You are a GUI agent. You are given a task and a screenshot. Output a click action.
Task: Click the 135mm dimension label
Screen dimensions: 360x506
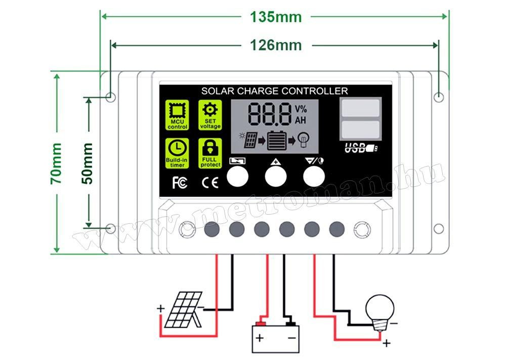click(x=276, y=17)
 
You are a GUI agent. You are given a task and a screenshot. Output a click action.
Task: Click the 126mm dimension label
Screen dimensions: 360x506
click(x=276, y=46)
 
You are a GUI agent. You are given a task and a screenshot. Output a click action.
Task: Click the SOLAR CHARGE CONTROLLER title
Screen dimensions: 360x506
click(x=274, y=91)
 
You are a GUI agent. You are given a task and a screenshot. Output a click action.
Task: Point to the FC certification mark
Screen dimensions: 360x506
click(x=180, y=183)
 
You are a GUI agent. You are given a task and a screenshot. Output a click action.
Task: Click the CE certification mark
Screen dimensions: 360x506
click(x=210, y=183)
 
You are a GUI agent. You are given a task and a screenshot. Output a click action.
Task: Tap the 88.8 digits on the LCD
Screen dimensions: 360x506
click(x=270, y=114)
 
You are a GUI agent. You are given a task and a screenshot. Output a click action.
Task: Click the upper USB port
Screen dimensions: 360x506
click(x=360, y=108)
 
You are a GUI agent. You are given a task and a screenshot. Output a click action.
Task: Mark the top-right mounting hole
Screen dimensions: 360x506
click(x=439, y=96)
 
